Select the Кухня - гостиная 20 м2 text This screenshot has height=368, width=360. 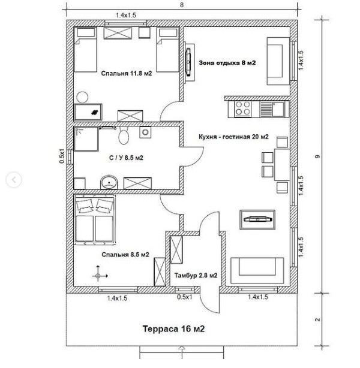point(233,137)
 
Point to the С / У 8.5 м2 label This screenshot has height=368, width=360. point(126,158)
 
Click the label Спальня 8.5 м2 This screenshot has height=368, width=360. point(125,254)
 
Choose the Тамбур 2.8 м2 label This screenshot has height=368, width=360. point(196,276)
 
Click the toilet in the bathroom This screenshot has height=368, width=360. point(124,136)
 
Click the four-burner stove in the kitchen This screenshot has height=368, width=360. point(243,109)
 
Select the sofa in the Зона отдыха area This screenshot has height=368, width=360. point(277,61)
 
